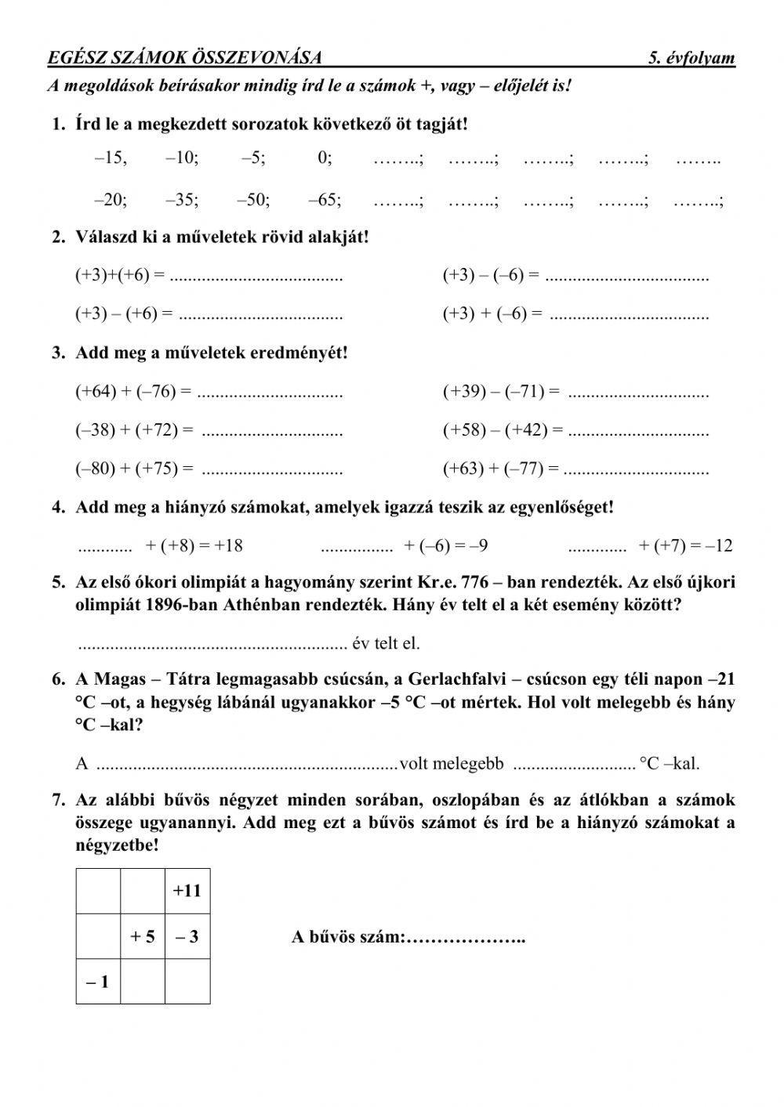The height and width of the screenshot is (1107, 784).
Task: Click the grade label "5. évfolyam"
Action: point(691,58)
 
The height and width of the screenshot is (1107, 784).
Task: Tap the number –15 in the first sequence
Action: point(110,158)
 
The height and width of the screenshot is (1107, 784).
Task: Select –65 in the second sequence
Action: point(325,200)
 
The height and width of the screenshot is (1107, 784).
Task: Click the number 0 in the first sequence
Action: point(325,158)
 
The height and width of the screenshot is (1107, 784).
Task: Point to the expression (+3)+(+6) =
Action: point(120,275)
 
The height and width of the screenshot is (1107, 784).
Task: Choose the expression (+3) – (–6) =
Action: point(491,275)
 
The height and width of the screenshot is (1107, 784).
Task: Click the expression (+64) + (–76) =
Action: point(133,391)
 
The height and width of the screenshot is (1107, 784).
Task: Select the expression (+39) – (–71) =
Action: point(501,391)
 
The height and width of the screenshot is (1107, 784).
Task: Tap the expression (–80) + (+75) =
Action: point(134,469)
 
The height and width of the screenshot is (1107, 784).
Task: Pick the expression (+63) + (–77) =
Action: point(501,469)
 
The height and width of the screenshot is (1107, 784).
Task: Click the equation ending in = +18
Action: point(194,546)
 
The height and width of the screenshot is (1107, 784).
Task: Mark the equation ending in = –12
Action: point(685,546)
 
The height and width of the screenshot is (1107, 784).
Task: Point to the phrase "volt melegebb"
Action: point(451,764)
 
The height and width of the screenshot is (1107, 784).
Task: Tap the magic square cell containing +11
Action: point(187,891)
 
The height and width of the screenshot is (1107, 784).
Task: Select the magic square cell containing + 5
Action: point(143,936)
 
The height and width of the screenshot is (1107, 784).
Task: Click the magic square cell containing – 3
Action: point(187,936)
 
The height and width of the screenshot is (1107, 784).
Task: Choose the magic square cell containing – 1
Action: point(97,981)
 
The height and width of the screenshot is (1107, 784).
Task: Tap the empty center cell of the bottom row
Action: point(143,981)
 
